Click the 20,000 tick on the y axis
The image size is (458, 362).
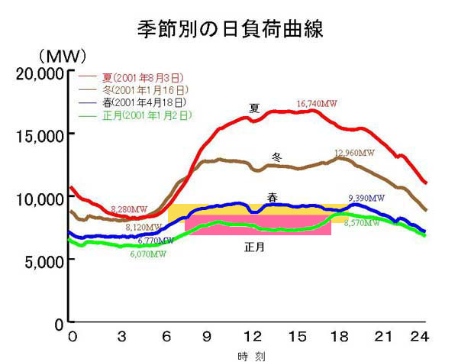[x=38, y=74]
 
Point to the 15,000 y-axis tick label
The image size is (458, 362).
[x=38, y=136]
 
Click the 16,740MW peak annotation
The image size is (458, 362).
[x=317, y=103]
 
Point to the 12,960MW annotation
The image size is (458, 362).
[x=355, y=153]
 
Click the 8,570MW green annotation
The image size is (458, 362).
[x=362, y=224]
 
